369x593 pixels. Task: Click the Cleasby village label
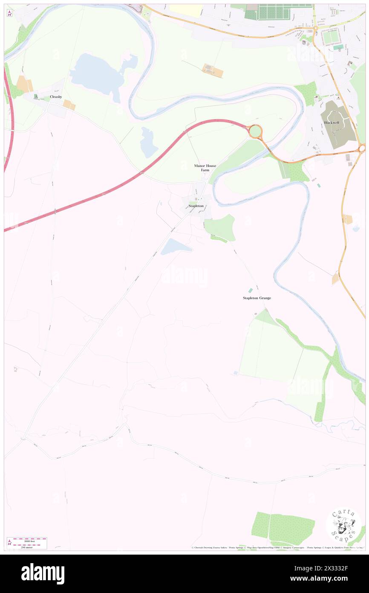[x=56, y=97]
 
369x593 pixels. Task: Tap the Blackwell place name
[x=332, y=122]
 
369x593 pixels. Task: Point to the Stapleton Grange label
[x=257, y=298]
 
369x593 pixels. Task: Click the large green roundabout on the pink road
[x=255, y=131]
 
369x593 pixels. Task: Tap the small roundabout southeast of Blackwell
[x=362, y=148]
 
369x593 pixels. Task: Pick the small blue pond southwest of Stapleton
[x=175, y=246]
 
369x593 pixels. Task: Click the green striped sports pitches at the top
[x=285, y=12]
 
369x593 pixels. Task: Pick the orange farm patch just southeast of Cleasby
[x=69, y=105]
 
